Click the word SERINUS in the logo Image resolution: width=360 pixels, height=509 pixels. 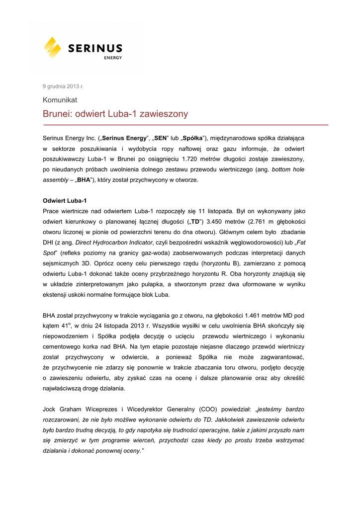coord(95,48)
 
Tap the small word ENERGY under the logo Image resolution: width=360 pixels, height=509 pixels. coord(113,58)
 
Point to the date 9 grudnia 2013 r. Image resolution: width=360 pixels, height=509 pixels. coord(63,86)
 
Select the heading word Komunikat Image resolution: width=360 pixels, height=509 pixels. coord(60,99)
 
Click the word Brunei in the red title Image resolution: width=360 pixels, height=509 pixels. coord(57,114)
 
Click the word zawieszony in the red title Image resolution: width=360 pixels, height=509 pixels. coord(164,114)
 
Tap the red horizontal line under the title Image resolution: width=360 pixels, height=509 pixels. coord(185,125)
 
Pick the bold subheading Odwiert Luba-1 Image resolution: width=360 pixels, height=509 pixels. coord(65,201)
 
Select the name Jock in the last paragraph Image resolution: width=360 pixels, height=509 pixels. coord(50,409)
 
